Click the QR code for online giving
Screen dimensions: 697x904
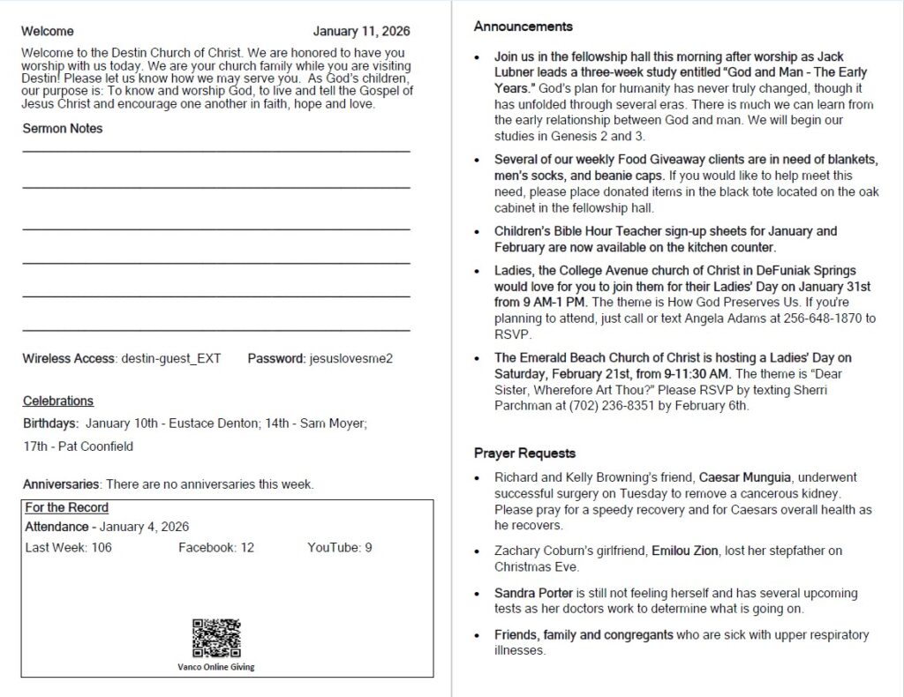[x=216, y=639]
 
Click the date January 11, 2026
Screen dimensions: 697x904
[x=361, y=32]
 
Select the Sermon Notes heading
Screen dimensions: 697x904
[x=63, y=128]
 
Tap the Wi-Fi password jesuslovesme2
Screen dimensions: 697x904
[x=350, y=359]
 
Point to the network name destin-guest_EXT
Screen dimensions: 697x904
[x=170, y=359]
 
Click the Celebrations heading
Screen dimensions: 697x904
[x=58, y=401]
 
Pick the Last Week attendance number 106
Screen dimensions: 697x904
[x=102, y=548]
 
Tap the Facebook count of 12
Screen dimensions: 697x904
[x=246, y=548]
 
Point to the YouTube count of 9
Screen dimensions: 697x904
[x=368, y=548]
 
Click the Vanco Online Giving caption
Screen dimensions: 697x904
[x=215, y=667]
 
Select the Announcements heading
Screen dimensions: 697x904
[x=523, y=26]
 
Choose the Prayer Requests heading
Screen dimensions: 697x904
[x=524, y=453]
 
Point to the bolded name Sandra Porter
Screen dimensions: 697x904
[x=533, y=594]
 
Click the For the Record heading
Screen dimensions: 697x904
[x=67, y=508]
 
